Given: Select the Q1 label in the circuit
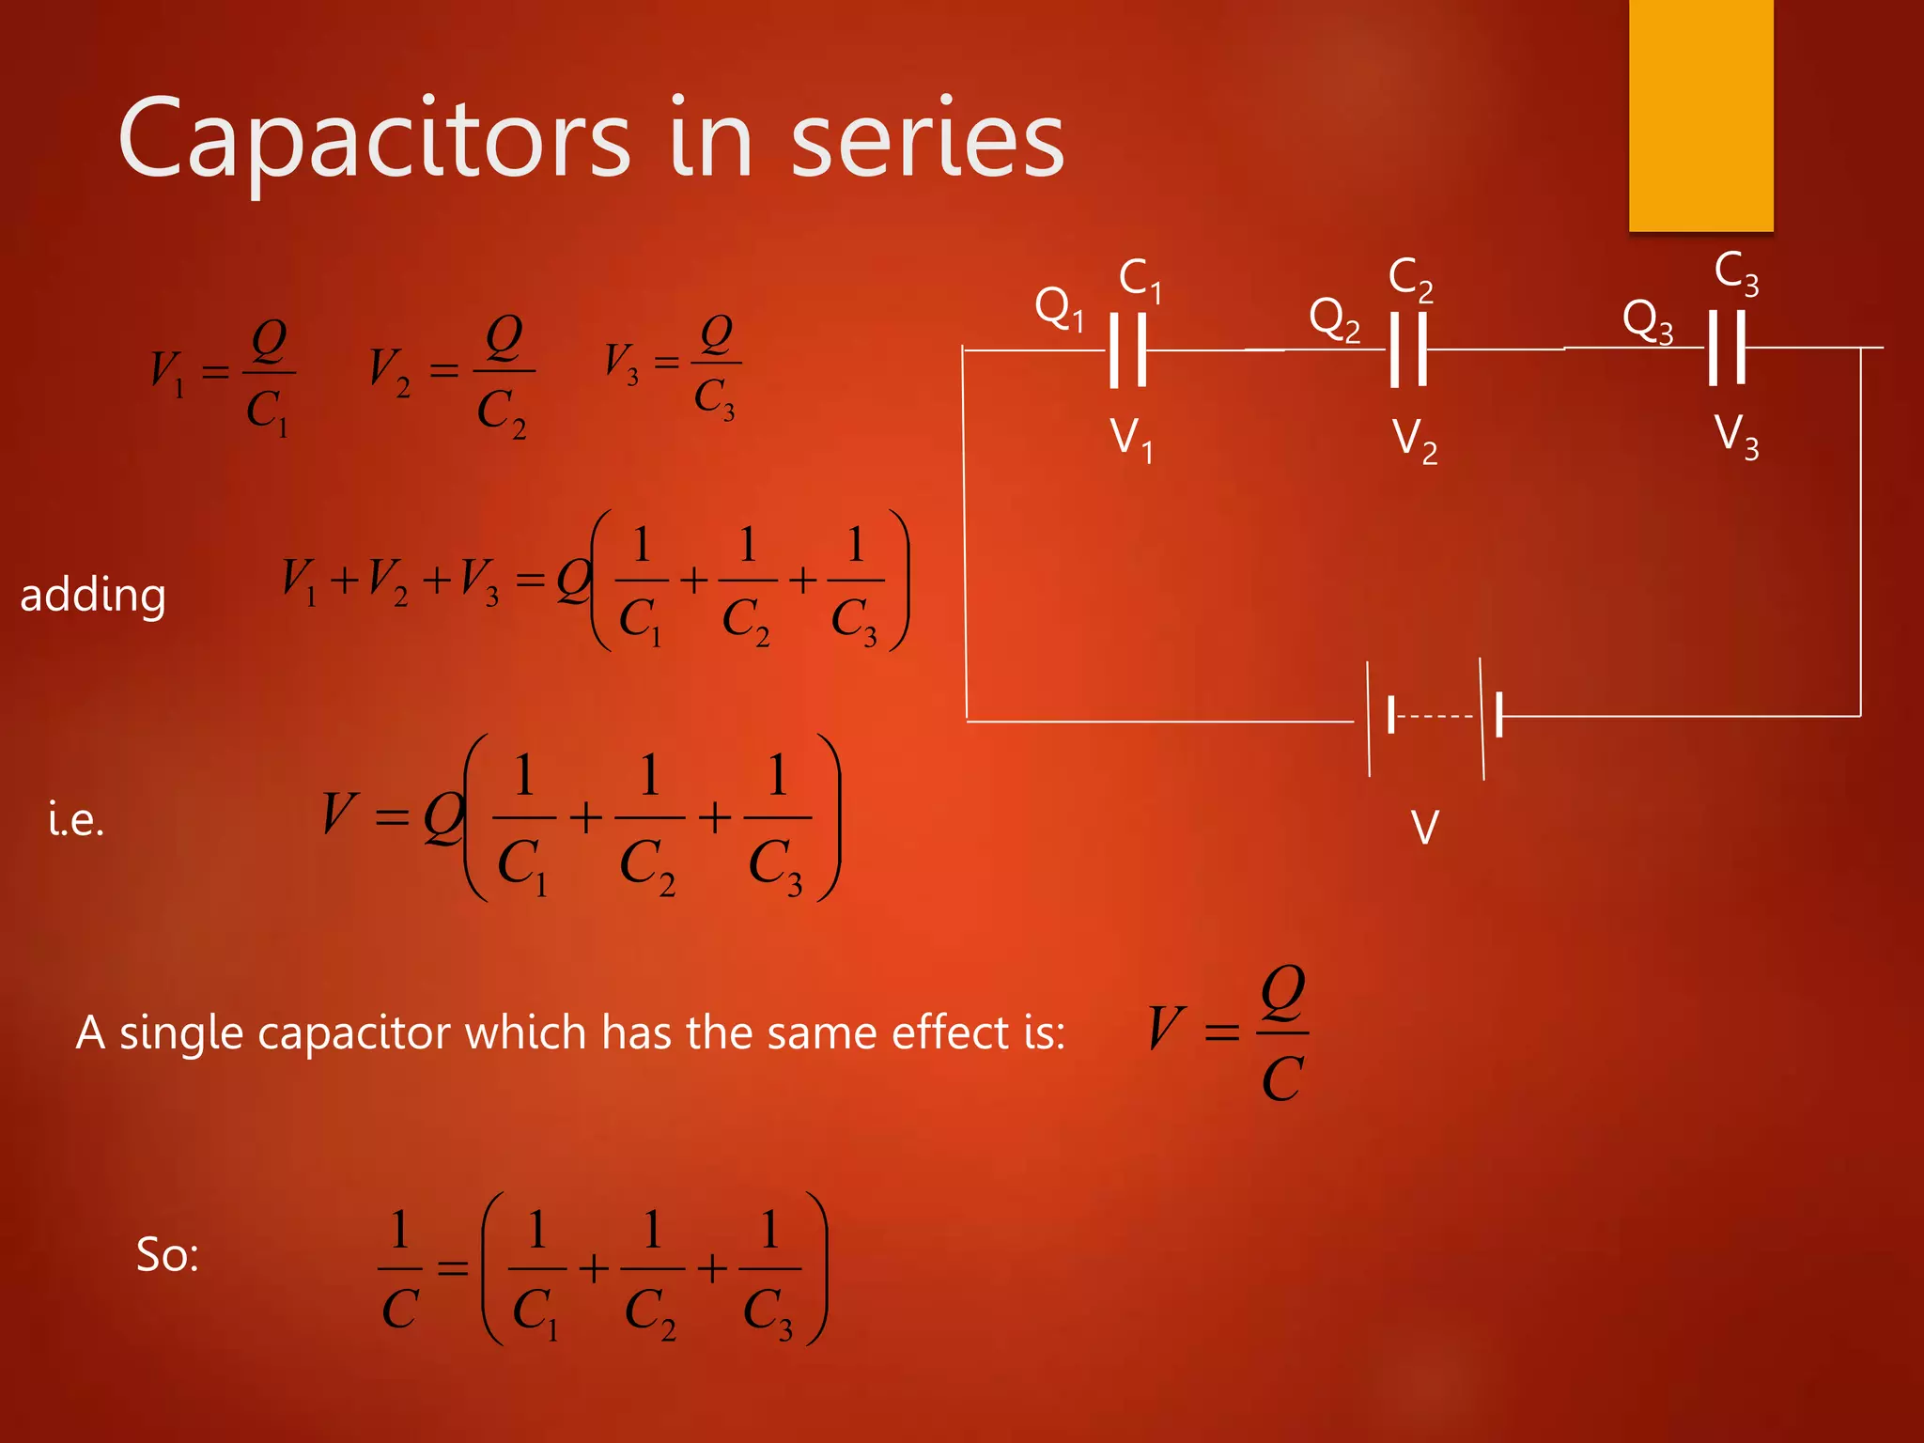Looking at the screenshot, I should point(1059,308).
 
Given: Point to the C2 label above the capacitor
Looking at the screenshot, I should point(1410,279).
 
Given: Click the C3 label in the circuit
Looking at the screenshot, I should point(1735,273).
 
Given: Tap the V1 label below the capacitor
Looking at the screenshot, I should point(1131,439).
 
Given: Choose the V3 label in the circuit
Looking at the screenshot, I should point(1736,436).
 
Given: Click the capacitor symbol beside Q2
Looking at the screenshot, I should point(1408,349).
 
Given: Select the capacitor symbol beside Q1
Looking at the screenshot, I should point(1127,350).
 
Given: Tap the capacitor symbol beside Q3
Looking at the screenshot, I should point(1726,349).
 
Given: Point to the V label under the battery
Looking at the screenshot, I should point(1424,828).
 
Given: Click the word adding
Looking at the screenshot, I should point(93,596).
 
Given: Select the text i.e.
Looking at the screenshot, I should point(76,820).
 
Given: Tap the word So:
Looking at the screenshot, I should point(167,1254).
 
